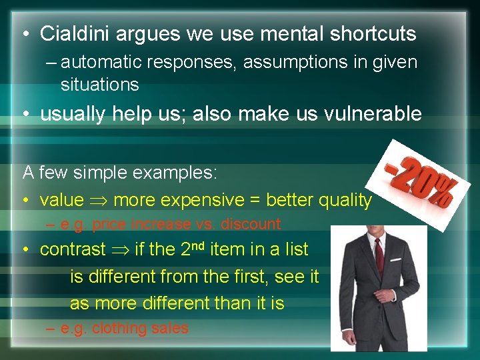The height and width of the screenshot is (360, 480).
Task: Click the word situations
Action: [99, 85]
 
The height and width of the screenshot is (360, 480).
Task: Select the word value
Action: [62, 200]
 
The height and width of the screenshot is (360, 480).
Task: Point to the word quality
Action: [345, 200]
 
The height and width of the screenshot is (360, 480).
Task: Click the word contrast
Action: [73, 250]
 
